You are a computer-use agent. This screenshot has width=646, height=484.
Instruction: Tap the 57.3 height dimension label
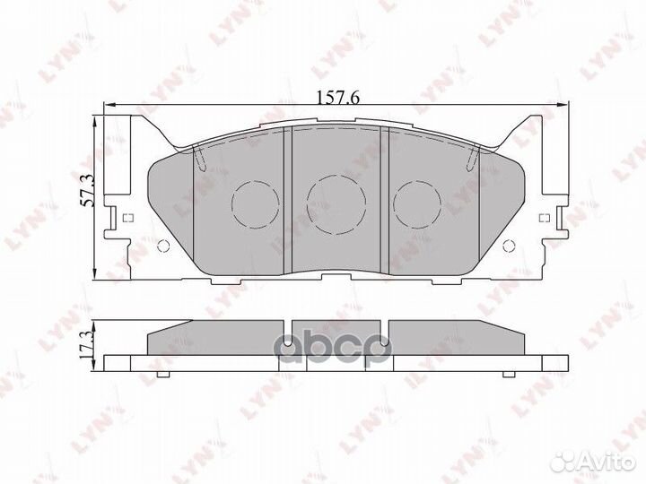88,191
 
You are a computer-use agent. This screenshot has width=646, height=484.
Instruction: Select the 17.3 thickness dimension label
88,342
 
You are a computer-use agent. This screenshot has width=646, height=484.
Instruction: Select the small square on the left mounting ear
126,218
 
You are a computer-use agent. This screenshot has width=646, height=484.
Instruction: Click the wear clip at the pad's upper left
200,159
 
